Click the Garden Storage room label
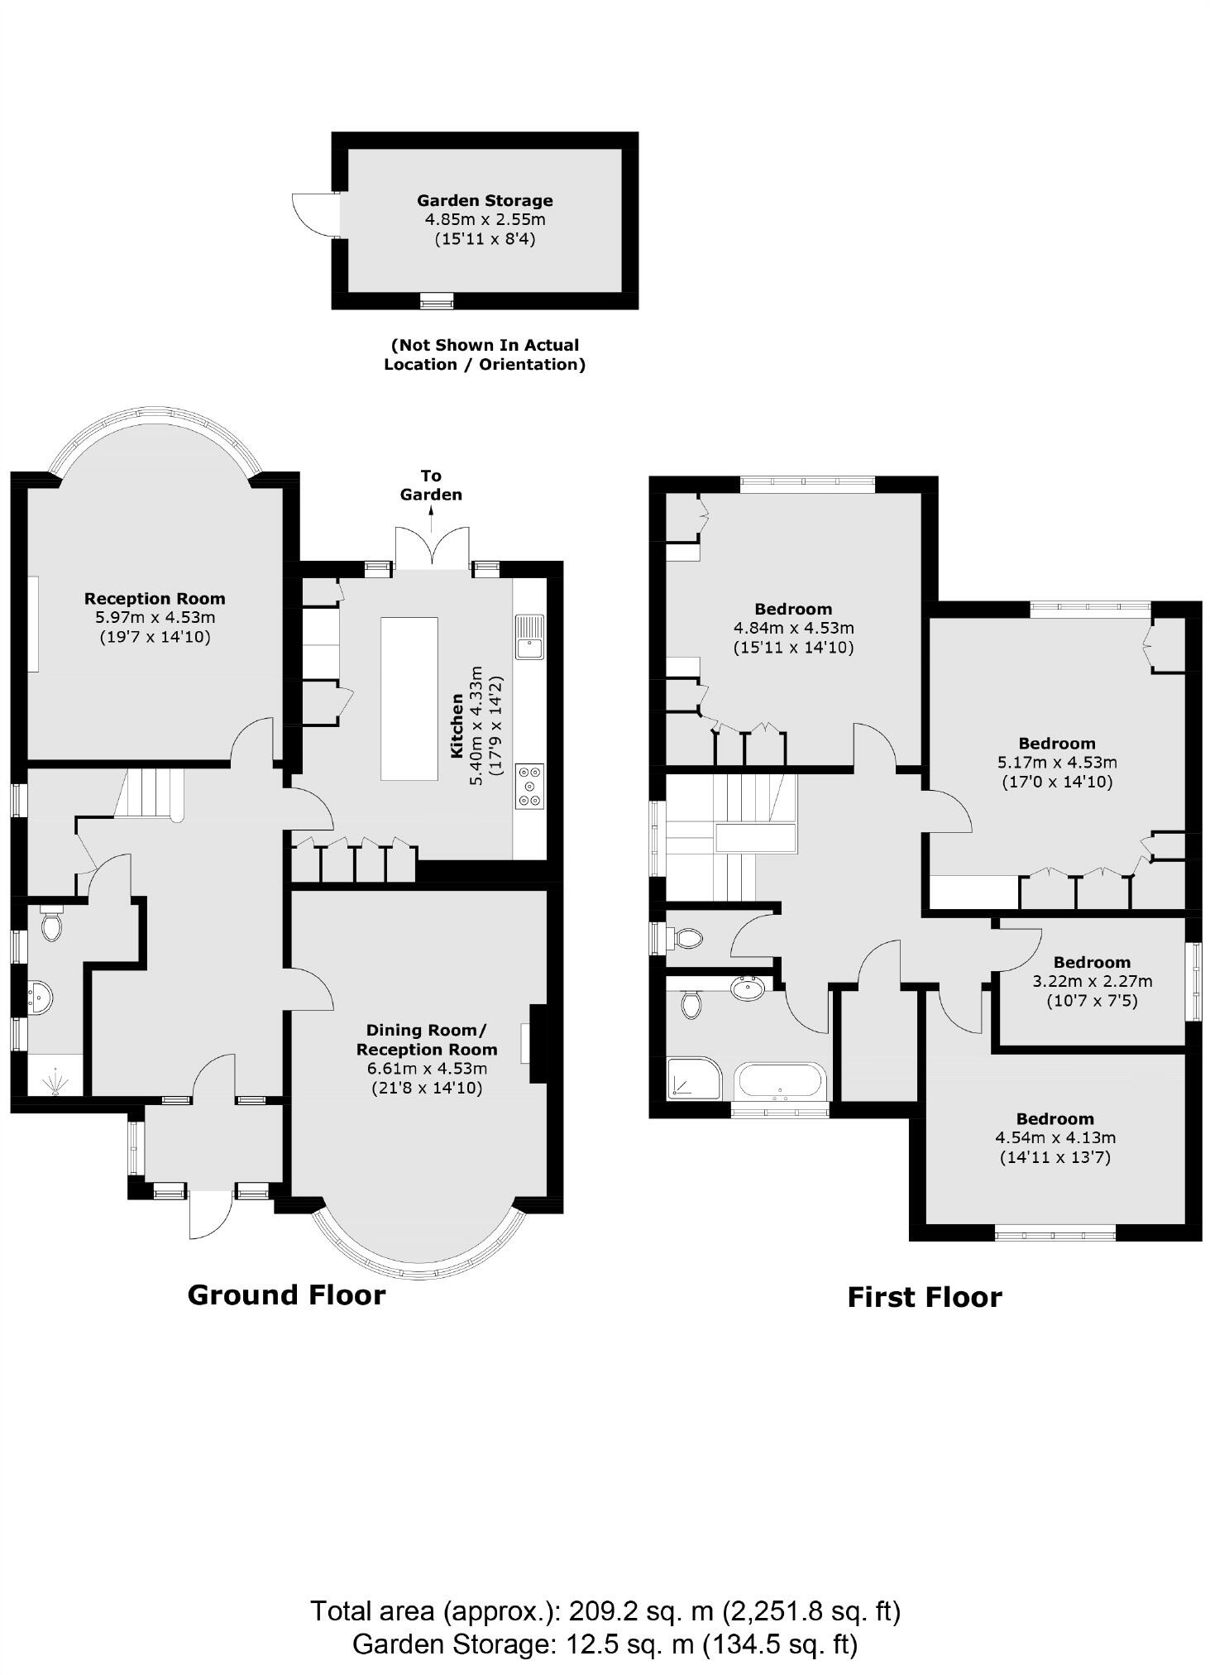[x=485, y=200]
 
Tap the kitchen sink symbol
[x=528, y=636]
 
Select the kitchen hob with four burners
[x=529, y=786]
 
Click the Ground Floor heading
[x=286, y=1295]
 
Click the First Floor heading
[x=924, y=1297]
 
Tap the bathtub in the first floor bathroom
[x=781, y=1081]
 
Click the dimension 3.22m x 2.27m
[x=1092, y=981]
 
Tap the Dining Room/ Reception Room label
[x=427, y=1040]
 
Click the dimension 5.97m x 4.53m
[x=155, y=617]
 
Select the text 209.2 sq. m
[x=640, y=1611]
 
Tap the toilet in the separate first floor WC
[x=687, y=938]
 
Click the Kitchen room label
[x=457, y=725]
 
